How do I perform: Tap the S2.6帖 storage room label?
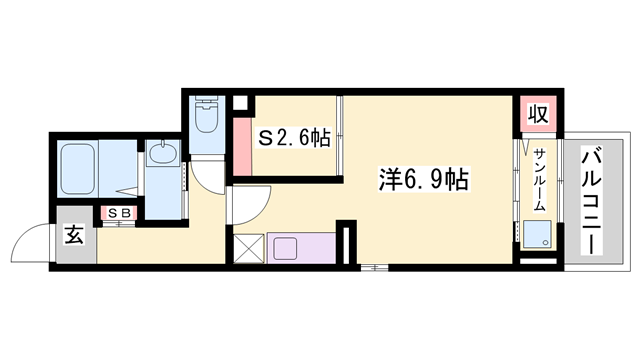(295, 139)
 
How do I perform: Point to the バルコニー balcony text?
(591, 201)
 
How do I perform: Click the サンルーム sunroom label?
(538, 179)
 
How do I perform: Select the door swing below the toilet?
(207, 175)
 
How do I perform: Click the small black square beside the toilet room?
(239, 103)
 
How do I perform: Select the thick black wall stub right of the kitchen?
(346, 246)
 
